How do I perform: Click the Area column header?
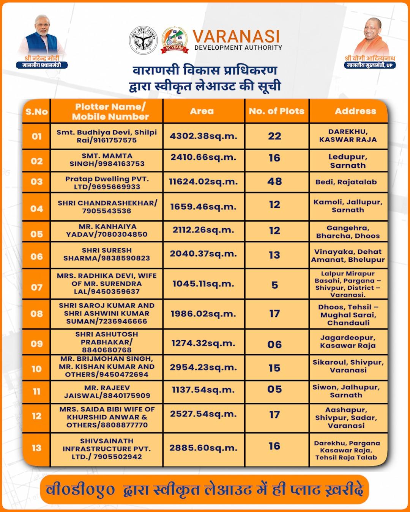pos(202,111)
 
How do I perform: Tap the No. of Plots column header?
pos(276,111)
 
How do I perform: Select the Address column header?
pos(355,111)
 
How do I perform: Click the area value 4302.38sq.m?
pos(203,136)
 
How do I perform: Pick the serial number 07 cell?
pos(36,287)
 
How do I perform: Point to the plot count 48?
pos(274,181)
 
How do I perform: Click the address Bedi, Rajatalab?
pos(346,182)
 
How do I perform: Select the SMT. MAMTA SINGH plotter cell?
pos(107,160)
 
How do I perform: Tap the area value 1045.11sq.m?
pos(203,284)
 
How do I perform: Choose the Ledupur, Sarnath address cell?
pos(348,161)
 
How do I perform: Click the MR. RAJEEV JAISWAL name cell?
pos(107,391)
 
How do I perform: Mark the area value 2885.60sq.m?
pos(203,448)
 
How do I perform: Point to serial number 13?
pos(36,448)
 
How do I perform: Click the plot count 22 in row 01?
pos(274,136)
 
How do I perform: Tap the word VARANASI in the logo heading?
pos(236,36)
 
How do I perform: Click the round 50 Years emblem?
pos(174,39)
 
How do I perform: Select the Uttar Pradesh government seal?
pos(143,39)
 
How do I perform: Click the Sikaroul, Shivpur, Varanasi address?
pos(348,366)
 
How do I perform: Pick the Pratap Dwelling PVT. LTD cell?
pos(107,182)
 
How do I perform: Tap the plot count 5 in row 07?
pos(274,285)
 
